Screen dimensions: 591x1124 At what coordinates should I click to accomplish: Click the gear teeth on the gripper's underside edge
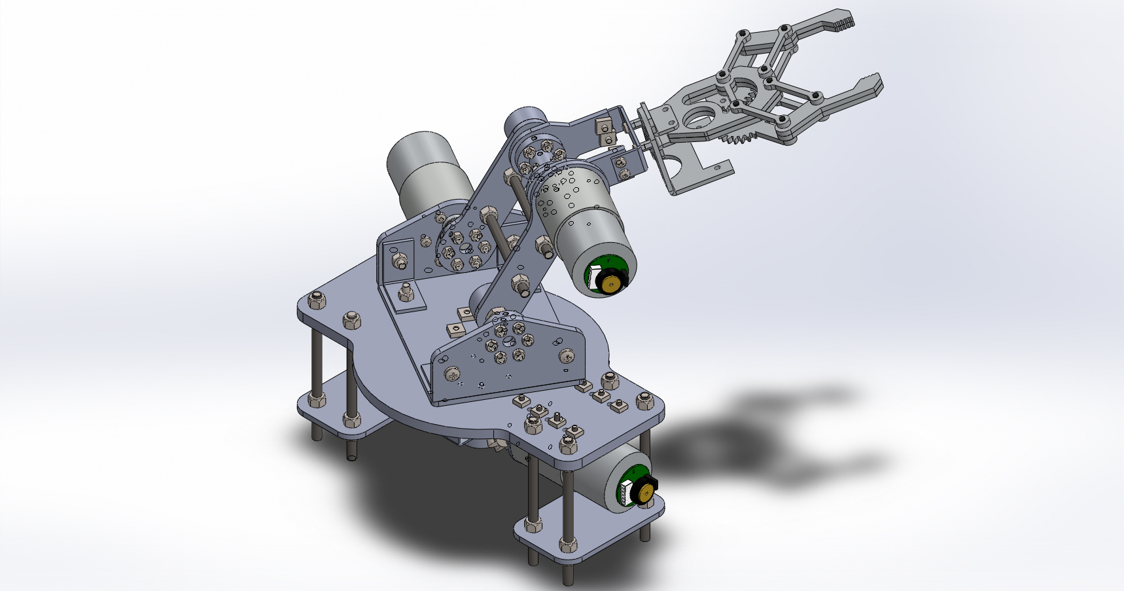point(741,138)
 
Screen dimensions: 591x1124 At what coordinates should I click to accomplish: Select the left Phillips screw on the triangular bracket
point(452,374)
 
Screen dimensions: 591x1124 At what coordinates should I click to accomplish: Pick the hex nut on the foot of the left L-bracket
point(406,292)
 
